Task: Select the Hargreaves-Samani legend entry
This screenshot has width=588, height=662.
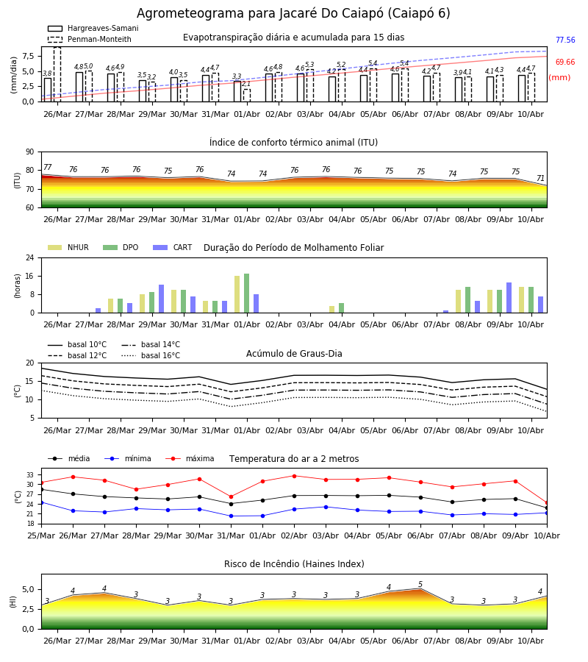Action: (93, 28)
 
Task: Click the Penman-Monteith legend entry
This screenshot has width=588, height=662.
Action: (90, 39)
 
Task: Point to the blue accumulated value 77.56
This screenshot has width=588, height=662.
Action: (565, 40)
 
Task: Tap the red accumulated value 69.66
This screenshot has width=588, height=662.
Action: (565, 62)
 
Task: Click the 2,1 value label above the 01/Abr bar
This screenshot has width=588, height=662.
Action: (246, 84)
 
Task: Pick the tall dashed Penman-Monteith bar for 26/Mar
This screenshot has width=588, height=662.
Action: (57, 74)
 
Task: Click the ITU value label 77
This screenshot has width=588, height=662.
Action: (48, 167)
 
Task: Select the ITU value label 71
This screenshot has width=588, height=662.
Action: (540, 178)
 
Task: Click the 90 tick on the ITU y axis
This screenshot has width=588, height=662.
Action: (29, 152)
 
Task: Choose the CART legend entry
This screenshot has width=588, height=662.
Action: (172, 247)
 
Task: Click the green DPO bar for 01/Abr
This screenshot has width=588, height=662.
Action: (246, 293)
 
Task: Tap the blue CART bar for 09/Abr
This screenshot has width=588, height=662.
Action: (509, 298)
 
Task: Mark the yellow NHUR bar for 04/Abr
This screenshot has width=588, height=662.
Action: (332, 310)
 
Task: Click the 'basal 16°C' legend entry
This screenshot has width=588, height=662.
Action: (151, 355)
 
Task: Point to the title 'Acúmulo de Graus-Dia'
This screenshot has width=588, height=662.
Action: (294, 354)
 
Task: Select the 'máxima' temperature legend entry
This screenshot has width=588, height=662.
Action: (190, 458)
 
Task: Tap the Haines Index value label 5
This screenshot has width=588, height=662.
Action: (420, 584)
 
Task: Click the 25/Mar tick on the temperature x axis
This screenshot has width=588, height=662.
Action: (41, 535)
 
